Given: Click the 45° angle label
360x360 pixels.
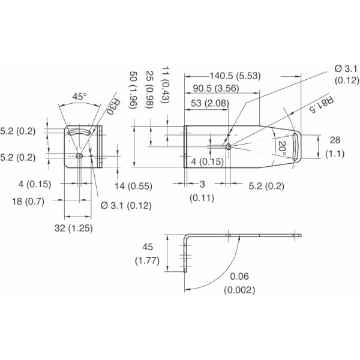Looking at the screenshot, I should (x=79, y=96).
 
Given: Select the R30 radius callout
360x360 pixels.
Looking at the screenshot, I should (x=112, y=107).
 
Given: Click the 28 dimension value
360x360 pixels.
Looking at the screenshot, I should (x=334, y=140).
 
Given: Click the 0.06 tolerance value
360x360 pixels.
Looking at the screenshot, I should (x=239, y=277).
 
